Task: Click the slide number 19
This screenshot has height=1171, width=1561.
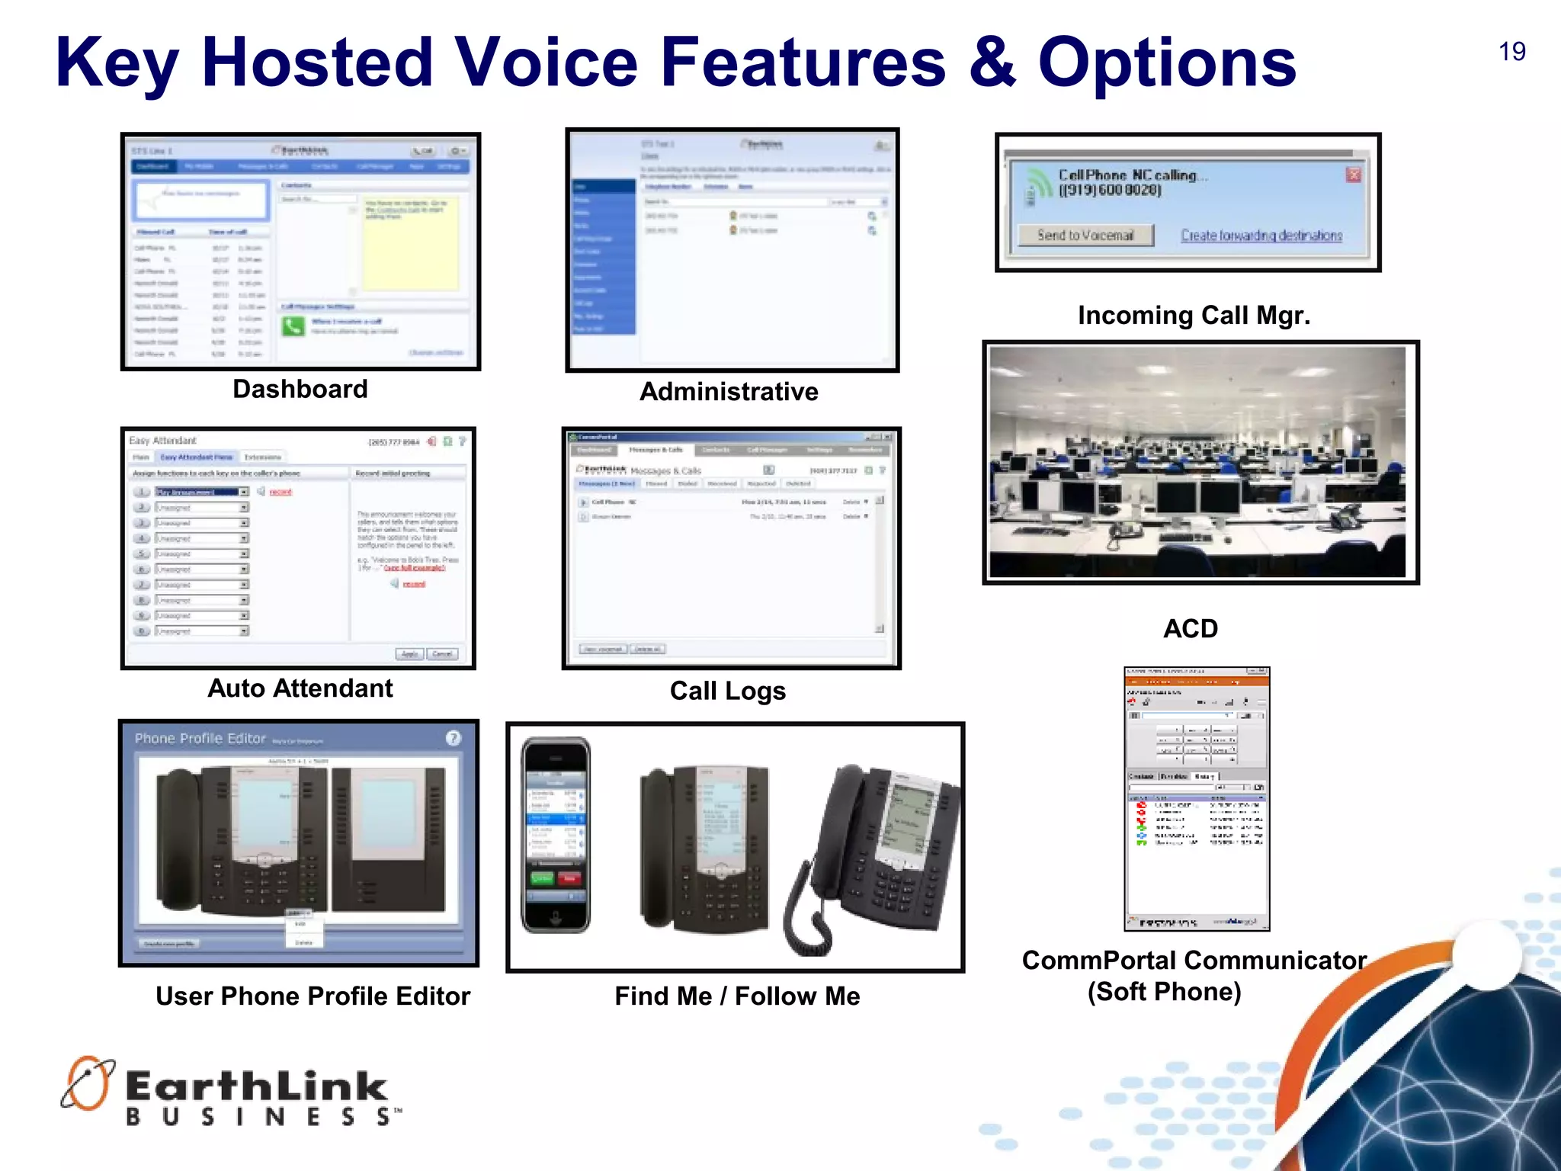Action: coord(1511,52)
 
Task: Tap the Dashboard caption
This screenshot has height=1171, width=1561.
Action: coord(300,390)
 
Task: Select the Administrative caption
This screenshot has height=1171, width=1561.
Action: coord(729,392)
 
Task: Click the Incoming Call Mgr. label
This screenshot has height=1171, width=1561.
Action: coord(1194,316)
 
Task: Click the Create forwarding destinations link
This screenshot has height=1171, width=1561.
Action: coord(1261,236)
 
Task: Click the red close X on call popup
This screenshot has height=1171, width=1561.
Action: coord(1353,175)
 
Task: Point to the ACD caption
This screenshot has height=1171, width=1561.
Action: coord(1190,629)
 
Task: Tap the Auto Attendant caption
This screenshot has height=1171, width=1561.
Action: coord(300,688)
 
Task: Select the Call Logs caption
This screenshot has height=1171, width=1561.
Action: coord(727,691)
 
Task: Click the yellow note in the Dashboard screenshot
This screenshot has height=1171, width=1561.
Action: coord(411,243)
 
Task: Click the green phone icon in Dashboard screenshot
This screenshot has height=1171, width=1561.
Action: coord(293,327)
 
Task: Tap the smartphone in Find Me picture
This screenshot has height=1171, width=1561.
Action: coord(556,835)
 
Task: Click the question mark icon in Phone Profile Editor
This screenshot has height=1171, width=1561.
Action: coord(453,738)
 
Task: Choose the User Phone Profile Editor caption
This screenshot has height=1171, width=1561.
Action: coord(313,996)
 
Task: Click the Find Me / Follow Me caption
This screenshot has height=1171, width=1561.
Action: coord(737,996)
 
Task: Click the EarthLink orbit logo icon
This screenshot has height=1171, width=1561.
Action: coord(87,1083)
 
